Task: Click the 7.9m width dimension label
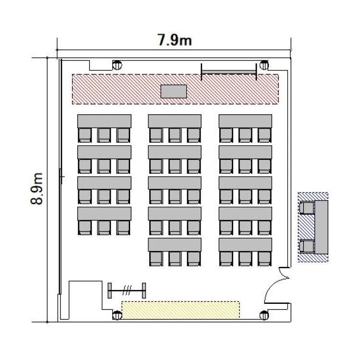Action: pyautogui.click(x=175, y=40)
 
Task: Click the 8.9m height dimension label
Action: pyautogui.click(x=37, y=189)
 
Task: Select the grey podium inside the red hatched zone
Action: pyautogui.click(x=174, y=91)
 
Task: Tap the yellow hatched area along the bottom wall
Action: pyautogui.click(x=180, y=310)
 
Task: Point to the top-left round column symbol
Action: pyautogui.click(x=117, y=65)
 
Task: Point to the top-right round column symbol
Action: pyautogui.click(x=264, y=65)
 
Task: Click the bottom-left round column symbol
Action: pyautogui.click(x=117, y=315)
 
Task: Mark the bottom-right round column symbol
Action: pyautogui.click(x=264, y=315)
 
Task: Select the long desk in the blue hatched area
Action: pyautogui.click(x=321, y=227)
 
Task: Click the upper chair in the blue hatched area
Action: pyautogui.click(x=307, y=208)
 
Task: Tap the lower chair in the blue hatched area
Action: pyautogui.click(x=307, y=247)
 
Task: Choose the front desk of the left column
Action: pyautogui.click(x=104, y=121)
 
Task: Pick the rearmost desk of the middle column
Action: pyautogui.click(x=175, y=244)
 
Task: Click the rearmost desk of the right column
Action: pyautogui.click(x=245, y=244)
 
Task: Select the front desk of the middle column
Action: pyautogui.click(x=175, y=121)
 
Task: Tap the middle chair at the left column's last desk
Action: pyautogui.click(x=104, y=228)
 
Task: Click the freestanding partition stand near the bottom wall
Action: pyautogui.click(x=127, y=290)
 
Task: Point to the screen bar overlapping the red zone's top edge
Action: pyautogui.click(x=228, y=72)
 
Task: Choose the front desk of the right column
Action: pyautogui.click(x=245, y=121)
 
